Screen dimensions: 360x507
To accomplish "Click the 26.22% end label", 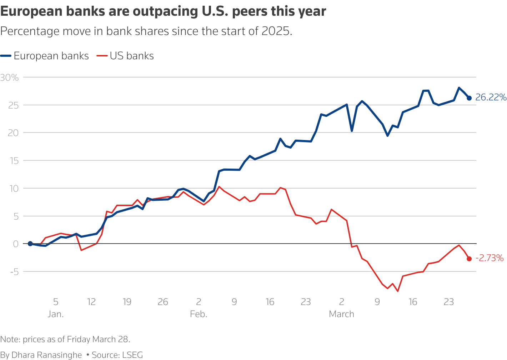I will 491,97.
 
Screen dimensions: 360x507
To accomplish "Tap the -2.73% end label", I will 489,258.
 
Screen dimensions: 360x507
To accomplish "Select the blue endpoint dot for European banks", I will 469,98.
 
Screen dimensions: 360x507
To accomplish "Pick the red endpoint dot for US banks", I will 469,259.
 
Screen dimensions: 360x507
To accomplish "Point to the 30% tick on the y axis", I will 10,77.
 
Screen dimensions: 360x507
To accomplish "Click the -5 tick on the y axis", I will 14,271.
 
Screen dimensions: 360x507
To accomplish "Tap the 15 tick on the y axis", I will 14,160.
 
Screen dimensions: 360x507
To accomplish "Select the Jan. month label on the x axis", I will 56,314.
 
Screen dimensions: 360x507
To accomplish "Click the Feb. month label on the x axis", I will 199,314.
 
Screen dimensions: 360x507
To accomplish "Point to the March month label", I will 341,314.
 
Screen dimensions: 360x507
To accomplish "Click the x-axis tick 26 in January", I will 163,302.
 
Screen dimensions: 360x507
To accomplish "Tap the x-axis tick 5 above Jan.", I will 56,302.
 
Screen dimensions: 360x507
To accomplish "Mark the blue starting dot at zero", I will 30,244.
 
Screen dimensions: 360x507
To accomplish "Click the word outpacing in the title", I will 163,12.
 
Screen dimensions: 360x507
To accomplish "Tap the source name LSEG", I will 132,355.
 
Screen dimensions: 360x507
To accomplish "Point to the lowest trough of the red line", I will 398,291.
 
